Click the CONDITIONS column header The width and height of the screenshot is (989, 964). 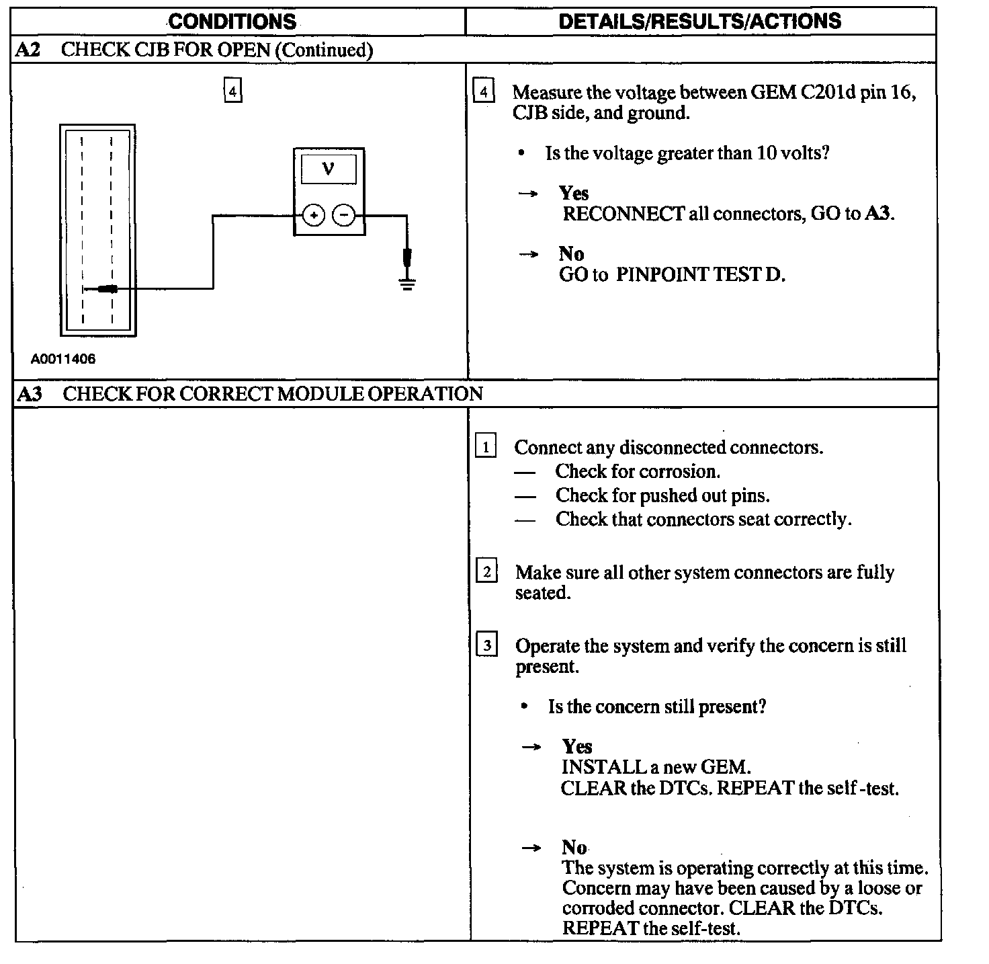pos(232,21)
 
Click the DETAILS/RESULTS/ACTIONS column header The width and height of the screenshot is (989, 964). pos(699,21)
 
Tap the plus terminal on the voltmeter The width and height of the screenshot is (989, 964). pos(314,216)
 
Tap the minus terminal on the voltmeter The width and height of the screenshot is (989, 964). pos(344,216)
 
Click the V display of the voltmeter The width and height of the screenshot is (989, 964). pos(329,168)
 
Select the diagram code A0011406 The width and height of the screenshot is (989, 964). pos(63,359)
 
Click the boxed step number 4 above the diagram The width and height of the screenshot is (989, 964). pos(232,90)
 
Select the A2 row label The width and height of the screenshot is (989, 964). pos(28,50)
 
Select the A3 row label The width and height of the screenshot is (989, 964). pos(29,394)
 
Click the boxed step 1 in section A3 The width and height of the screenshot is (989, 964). pos(485,446)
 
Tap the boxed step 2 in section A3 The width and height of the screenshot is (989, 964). pos(486,571)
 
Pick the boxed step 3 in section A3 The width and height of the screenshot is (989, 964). pos(486,645)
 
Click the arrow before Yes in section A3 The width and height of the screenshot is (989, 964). pos(532,747)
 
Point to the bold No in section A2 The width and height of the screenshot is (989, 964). pos(571,253)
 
